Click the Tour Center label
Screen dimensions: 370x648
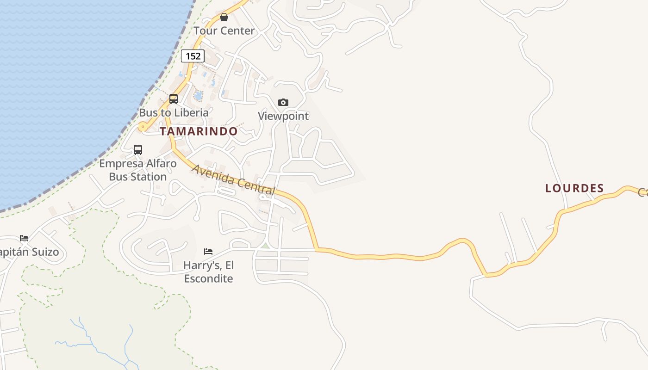[224, 31]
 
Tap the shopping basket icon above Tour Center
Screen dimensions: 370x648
[224, 18]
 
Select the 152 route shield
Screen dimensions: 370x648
[193, 56]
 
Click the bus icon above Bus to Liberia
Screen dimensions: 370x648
[174, 99]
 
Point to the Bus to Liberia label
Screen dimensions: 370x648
[174, 112]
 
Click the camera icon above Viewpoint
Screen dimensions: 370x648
[283, 102]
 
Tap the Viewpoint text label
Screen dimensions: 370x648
[283, 116]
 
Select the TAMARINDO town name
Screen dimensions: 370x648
[199, 131]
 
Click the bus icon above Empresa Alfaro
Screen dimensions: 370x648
[138, 150]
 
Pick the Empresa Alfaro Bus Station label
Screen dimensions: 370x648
[138, 170]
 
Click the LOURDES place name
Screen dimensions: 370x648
[574, 188]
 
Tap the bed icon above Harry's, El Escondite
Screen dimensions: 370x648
[208, 252]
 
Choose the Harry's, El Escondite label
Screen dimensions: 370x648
[208, 272]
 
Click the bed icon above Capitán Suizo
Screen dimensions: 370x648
[24, 238]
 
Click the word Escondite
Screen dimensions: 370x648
[208, 278]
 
